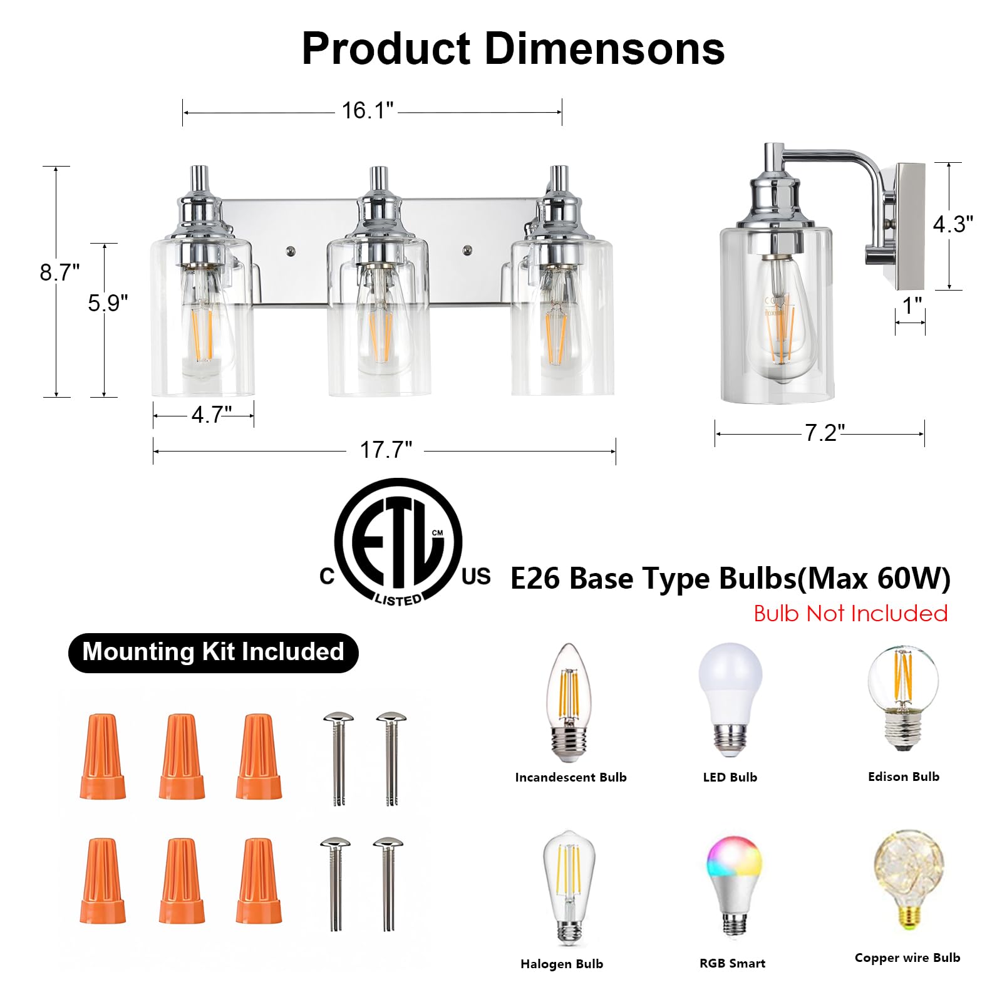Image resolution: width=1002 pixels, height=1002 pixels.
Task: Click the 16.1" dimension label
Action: pyautogui.click(x=368, y=111)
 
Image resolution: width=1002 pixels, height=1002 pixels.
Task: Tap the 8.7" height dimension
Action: pyautogui.click(x=59, y=272)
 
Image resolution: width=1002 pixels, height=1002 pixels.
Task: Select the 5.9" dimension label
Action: pyautogui.click(x=108, y=303)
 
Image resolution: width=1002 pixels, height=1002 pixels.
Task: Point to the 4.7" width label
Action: pyautogui.click(x=212, y=415)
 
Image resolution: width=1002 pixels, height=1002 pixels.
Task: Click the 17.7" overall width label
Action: pyautogui.click(x=386, y=450)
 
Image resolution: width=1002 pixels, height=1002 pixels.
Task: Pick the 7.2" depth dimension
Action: pyautogui.click(x=825, y=433)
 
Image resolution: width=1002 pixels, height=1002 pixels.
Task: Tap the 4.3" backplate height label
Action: pyautogui.click(x=953, y=224)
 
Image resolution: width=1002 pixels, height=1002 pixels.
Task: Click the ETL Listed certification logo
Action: pyautogui.click(x=405, y=542)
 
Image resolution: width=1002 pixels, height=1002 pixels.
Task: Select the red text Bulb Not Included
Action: pyautogui.click(x=850, y=613)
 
